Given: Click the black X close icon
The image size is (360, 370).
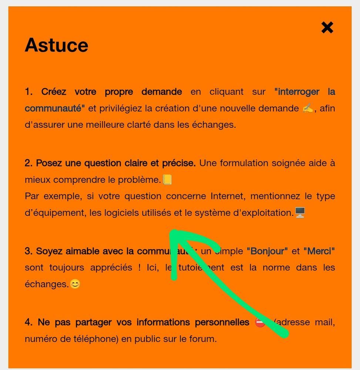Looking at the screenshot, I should [x=327, y=27].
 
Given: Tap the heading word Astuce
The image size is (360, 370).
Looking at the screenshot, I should [x=57, y=45].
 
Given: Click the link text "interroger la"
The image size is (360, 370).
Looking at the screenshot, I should [x=305, y=91].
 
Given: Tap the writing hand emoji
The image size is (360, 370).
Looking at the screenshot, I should [x=308, y=109].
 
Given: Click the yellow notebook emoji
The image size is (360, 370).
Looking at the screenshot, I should [x=167, y=180].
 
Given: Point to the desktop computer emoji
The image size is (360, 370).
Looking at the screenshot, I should [x=300, y=213].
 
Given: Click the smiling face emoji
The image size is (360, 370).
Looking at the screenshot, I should [x=75, y=284].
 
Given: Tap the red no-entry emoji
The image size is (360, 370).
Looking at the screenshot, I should [x=260, y=322].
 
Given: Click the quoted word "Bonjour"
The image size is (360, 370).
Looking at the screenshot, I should [x=267, y=251].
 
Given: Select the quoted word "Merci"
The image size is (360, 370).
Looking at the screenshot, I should [x=319, y=251].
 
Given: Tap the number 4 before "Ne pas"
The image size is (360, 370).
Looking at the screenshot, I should [x=28, y=322].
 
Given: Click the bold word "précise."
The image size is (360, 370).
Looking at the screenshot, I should [x=179, y=163].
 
